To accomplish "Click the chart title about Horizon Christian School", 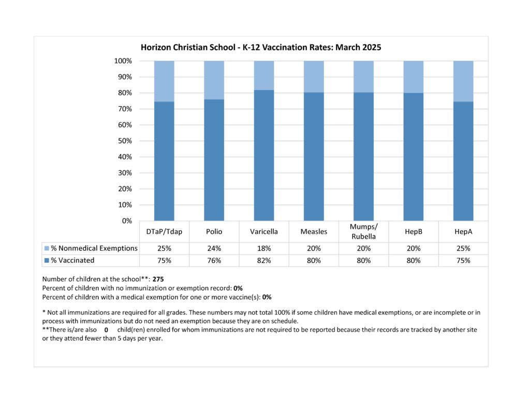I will pos(261,47).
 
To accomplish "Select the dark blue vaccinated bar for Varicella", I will pos(264,155).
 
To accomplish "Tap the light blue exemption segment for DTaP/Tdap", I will pos(164,81).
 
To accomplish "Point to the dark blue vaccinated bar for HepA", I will pos(463,161).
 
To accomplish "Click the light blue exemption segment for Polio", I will pos(214,80).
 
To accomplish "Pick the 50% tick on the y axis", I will pos(125,141).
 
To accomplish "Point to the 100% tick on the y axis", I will pos(123,61).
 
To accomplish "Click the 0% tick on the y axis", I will pos(127,221).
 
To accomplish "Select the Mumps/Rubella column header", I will pos(364,232).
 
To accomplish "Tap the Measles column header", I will pos(314,232).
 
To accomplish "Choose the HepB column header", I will pos(414,232).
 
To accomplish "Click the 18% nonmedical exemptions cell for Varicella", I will pos(264,248).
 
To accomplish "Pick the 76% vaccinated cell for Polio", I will pos(214,261).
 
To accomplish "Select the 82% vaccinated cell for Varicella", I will pos(264,261).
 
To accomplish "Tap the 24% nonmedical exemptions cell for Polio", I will pos(214,248).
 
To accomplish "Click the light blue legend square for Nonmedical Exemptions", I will pos(47,248).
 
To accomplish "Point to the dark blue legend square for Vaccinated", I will pos(47,261).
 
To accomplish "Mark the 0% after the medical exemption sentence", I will pos(267,297).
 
